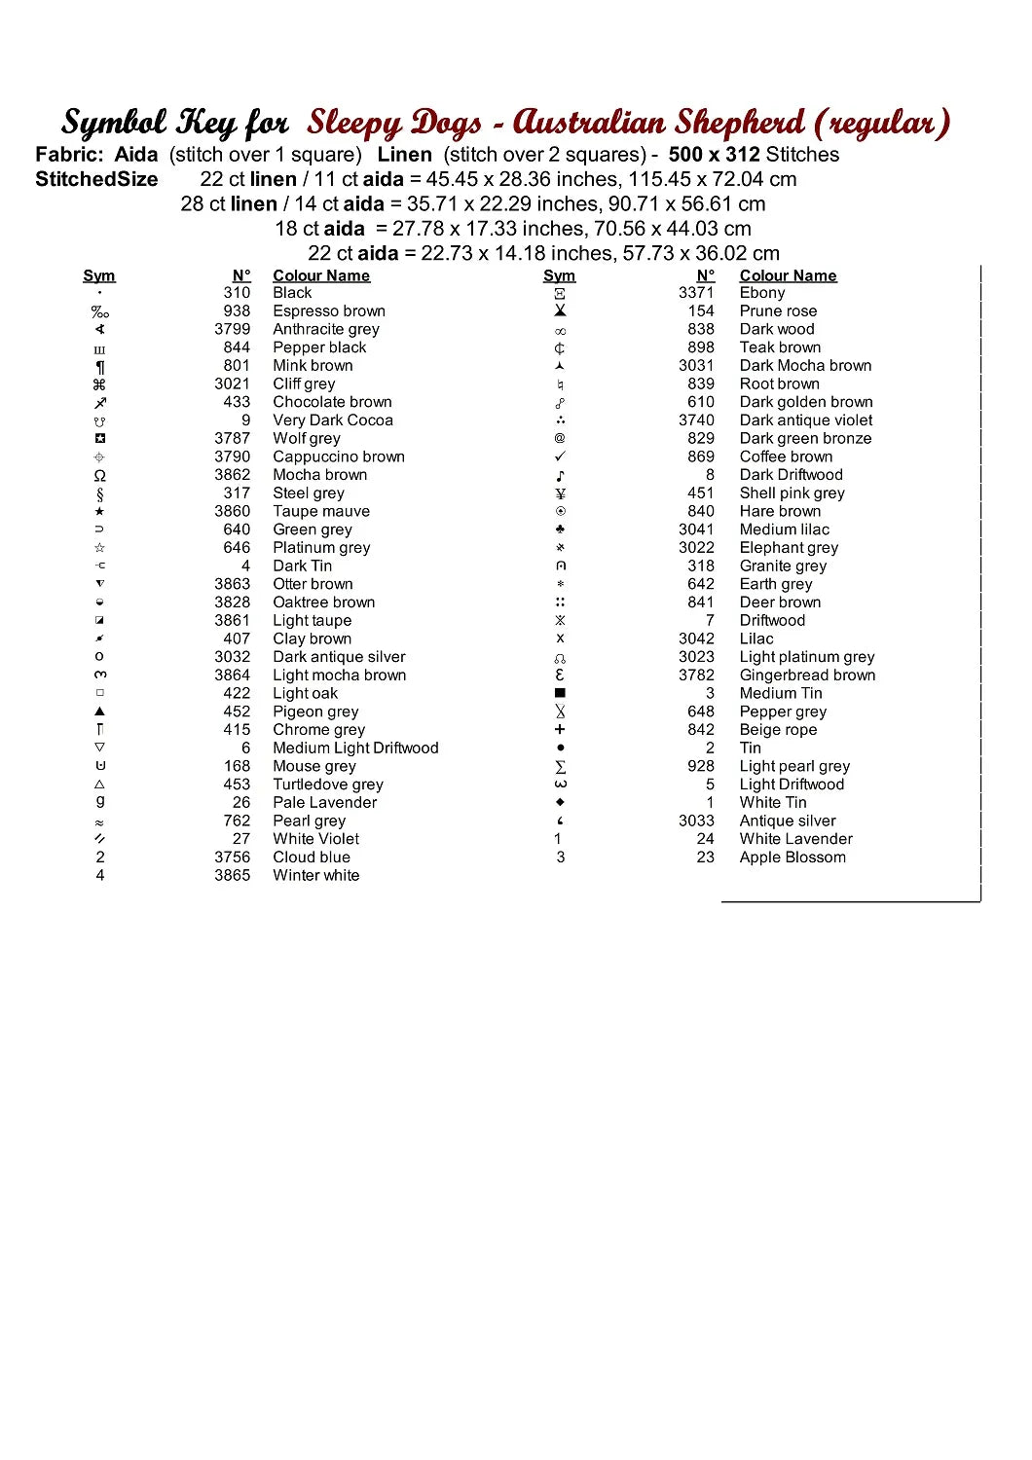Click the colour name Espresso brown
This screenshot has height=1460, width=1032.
pos(329,311)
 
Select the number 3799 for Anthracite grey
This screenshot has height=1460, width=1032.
pos(233,329)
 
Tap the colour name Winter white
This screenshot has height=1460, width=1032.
pos(316,876)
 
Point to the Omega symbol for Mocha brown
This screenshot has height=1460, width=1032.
pos(99,476)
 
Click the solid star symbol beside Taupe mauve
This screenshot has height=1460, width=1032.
pos(99,512)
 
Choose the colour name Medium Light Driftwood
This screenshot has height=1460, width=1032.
pos(355,748)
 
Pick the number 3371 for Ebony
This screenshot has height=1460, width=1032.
pos(696,293)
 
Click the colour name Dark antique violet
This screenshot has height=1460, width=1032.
pos(806,420)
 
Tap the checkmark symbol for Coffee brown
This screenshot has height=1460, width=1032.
pos(560,456)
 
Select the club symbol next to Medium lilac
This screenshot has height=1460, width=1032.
pos(560,529)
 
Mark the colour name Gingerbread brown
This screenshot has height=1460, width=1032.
pos(807,675)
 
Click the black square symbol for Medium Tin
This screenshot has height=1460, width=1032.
pos(560,694)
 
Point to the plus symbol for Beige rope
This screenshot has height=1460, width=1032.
pos(560,730)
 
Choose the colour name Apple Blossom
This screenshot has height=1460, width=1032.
pos(792,858)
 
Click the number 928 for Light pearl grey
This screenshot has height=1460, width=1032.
pos(701,766)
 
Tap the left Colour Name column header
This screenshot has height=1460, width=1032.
pos(321,276)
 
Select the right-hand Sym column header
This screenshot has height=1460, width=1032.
pos(559,276)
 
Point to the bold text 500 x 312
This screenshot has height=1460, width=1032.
pos(714,155)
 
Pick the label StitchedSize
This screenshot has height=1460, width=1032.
pos(96,179)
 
